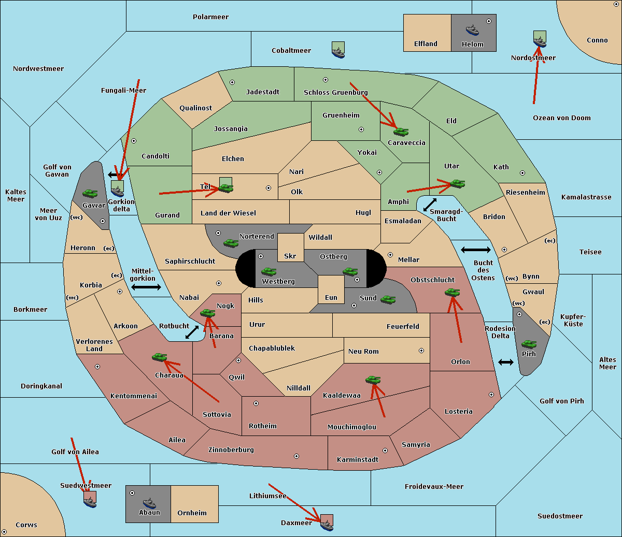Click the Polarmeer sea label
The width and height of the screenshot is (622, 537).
pyautogui.click(x=210, y=17)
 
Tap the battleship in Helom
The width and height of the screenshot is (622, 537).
pyautogui.click(x=472, y=30)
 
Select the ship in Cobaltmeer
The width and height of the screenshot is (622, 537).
pyautogui.click(x=338, y=50)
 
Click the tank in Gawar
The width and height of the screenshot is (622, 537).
pyautogui.click(x=90, y=193)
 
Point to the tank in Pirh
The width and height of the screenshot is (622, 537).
pyautogui.click(x=529, y=344)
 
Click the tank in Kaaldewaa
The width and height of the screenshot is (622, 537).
pyautogui.click(x=373, y=380)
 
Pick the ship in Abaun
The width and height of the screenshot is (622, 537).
pyautogui.click(x=149, y=503)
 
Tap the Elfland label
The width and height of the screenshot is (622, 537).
pyautogui.click(x=426, y=44)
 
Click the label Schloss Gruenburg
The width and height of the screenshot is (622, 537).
pyautogui.click(x=335, y=93)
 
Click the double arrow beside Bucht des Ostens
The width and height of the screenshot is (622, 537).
pyautogui.click(x=475, y=250)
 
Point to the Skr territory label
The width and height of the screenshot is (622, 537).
pyautogui.click(x=290, y=256)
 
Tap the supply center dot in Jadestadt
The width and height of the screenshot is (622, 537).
pyautogui.click(x=232, y=82)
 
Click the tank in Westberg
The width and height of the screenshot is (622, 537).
pyautogui.click(x=268, y=272)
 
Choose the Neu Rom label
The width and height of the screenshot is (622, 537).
pyautogui.click(x=363, y=351)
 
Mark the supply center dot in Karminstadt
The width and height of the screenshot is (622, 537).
pyautogui.click(x=385, y=451)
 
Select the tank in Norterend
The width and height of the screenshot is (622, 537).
pyautogui.click(x=231, y=243)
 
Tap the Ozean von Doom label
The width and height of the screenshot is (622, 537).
pyautogui.click(x=562, y=118)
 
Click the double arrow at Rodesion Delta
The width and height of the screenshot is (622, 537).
pyautogui.click(x=506, y=362)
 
